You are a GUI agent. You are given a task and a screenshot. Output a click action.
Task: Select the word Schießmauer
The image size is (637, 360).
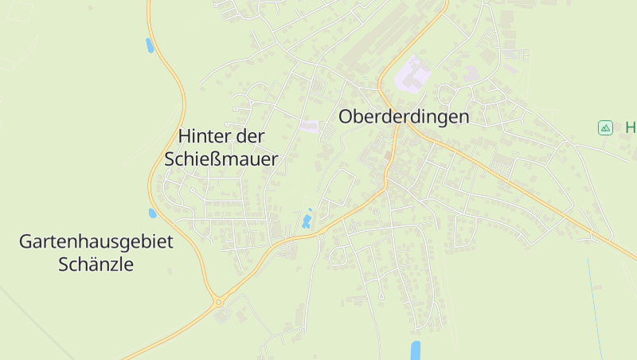[x=221, y=159]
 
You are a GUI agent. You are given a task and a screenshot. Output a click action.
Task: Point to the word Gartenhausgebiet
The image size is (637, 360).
[x=96, y=241]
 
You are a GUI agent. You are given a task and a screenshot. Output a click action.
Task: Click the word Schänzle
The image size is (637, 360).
[x=96, y=264]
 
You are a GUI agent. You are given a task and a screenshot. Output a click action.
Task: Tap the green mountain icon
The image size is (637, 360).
[x=605, y=127]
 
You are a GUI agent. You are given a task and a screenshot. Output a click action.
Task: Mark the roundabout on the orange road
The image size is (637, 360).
[x=218, y=302]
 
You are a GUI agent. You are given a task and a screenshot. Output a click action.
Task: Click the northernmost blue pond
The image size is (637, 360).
[x=149, y=45]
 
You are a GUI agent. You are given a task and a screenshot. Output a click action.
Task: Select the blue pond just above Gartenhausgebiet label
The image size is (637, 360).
[x=153, y=213]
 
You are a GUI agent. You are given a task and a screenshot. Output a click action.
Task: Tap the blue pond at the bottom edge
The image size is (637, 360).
[x=415, y=350]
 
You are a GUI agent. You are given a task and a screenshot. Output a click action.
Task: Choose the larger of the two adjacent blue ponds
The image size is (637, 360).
[x=306, y=221]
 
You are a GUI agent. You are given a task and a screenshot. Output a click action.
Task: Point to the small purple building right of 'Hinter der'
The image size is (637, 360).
[x=309, y=126]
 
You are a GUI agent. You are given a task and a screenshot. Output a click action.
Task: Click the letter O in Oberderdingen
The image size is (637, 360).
[x=346, y=116]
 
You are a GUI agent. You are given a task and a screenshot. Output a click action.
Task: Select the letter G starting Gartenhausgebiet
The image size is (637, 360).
[x=25, y=241]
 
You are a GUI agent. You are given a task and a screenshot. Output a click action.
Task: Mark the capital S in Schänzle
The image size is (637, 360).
[x=64, y=264]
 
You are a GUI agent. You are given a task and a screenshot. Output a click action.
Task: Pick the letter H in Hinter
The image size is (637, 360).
[x=185, y=136]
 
